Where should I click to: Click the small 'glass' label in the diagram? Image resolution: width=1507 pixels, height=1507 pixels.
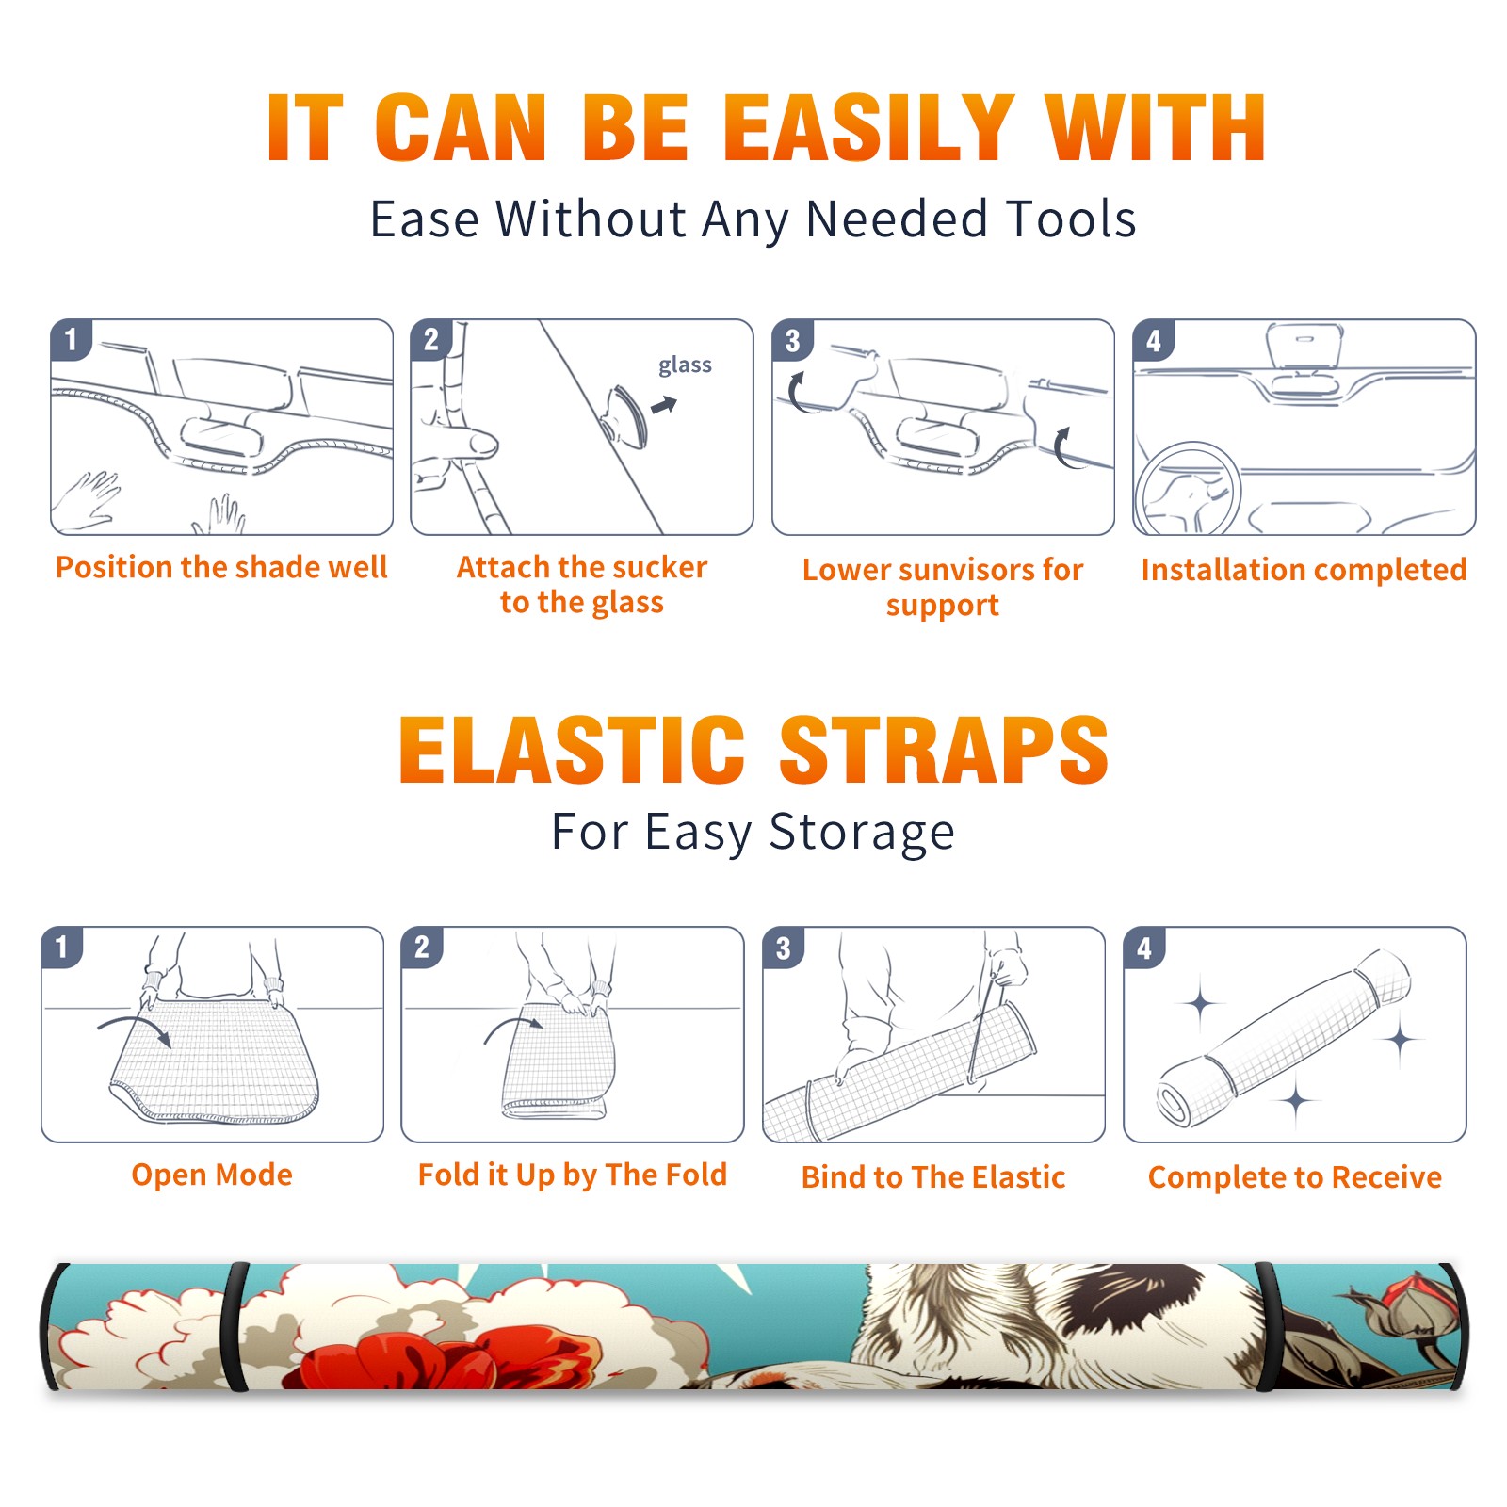click(685, 365)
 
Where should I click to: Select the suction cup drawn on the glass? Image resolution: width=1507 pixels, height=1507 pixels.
click(627, 415)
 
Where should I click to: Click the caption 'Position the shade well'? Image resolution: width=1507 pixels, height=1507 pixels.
click(221, 567)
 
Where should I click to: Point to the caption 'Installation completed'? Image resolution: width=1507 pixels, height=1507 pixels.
click(1304, 569)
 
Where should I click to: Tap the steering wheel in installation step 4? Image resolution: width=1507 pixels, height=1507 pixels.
click(1188, 490)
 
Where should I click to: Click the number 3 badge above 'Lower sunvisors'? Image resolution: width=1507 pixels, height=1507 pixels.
click(791, 340)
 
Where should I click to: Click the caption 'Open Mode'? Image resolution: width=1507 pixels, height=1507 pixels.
click(212, 1175)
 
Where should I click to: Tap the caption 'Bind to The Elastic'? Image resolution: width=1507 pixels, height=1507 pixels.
click(933, 1177)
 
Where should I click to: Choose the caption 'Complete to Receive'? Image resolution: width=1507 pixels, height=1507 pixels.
click(1295, 1177)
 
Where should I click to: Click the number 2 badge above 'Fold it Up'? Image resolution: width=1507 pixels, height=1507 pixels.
click(421, 947)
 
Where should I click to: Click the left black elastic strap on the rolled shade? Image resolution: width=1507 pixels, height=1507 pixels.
click(237, 1328)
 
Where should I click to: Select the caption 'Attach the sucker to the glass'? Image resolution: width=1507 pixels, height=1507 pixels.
click(582, 584)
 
